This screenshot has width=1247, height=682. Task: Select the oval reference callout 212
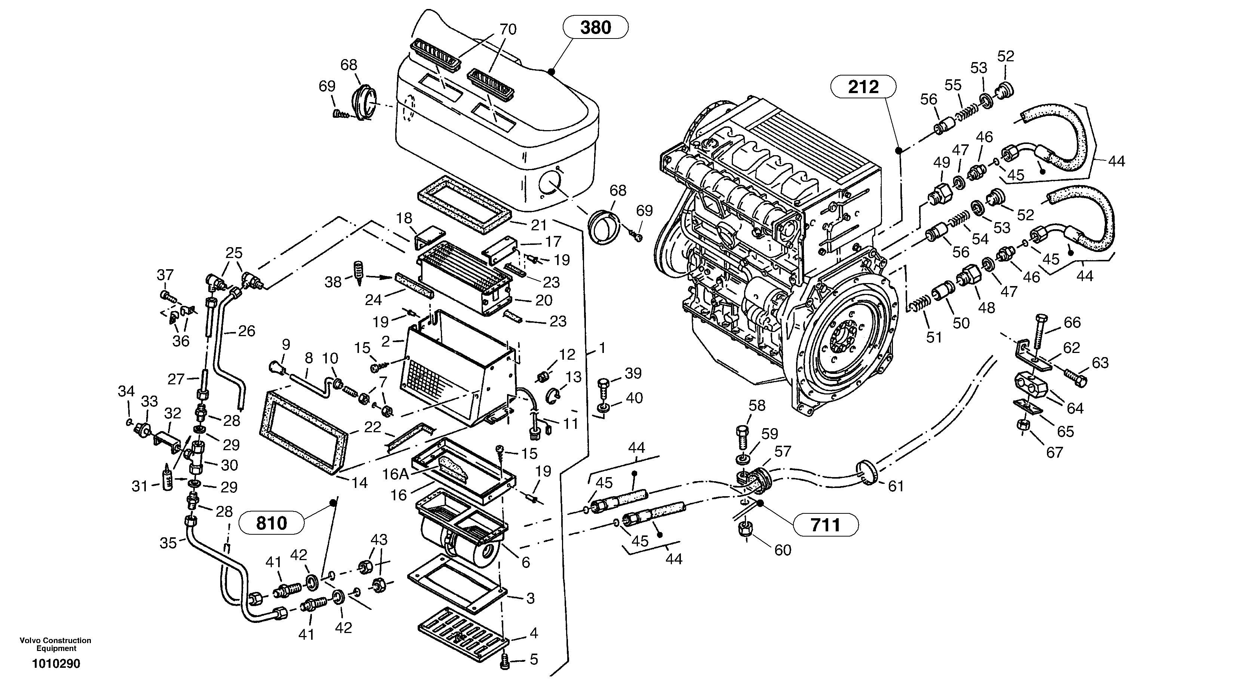click(863, 87)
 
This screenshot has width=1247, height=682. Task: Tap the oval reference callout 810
click(271, 523)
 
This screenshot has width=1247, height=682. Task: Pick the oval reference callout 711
click(825, 524)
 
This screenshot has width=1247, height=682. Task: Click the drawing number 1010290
click(56, 664)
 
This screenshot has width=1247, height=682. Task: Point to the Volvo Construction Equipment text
click(55, 644)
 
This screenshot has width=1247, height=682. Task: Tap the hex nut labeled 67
click(1023, 425)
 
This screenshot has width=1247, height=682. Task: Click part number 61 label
click(896, 486)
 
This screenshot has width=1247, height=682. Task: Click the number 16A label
click(396, 474)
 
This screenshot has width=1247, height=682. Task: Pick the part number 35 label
click(169, 544)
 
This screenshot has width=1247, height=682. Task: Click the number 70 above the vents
click(508, 30)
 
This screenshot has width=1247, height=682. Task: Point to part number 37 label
click(165, 275)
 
